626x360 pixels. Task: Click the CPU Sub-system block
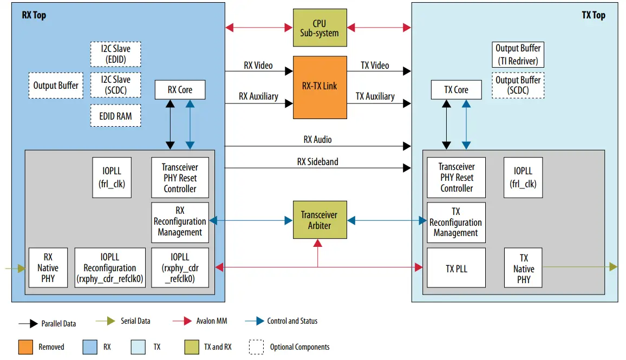[319, 28]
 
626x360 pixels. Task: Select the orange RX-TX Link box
[319, 87]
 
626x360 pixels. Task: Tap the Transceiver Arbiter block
[319, 220]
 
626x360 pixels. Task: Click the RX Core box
[180, 90]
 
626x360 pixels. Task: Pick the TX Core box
[456, 90]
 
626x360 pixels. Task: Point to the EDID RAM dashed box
[115, 116]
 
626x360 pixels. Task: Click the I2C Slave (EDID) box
[115, 54]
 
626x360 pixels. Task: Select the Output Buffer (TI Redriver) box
[518, 55]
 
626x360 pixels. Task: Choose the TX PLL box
[456, 268]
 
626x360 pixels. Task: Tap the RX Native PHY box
[48, 268]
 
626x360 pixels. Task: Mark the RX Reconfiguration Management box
[180, 221]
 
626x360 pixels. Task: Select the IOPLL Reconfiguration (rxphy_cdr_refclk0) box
[110, 268]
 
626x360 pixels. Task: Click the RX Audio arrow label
[317, 140]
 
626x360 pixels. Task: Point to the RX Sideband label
[317, 161]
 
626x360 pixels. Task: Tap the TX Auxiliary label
[375, 96]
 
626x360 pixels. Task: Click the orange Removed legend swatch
[25, 346]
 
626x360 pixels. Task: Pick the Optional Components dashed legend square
[256, 346]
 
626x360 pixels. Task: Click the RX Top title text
[34, 15]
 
